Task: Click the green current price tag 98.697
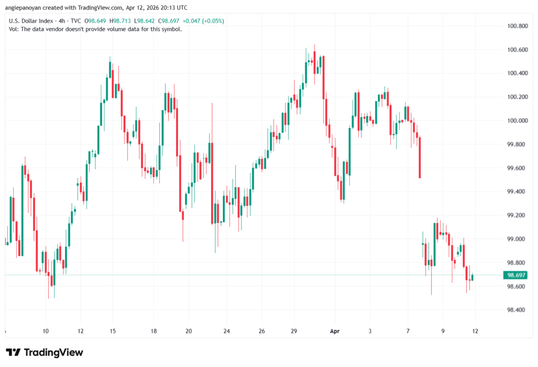pos(515,275)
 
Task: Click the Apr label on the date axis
pos(335,331)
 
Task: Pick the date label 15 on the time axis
pos(112,331)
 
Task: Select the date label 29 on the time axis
pos(294,331)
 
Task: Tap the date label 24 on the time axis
pos(226,331)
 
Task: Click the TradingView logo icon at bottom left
pos(13,352)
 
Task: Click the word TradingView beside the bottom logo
pos(53,352)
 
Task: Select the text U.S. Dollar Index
pos(31,20)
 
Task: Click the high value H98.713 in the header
pos(125,20)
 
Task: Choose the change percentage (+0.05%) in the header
pos(211,20)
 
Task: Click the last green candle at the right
pos(472,277)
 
